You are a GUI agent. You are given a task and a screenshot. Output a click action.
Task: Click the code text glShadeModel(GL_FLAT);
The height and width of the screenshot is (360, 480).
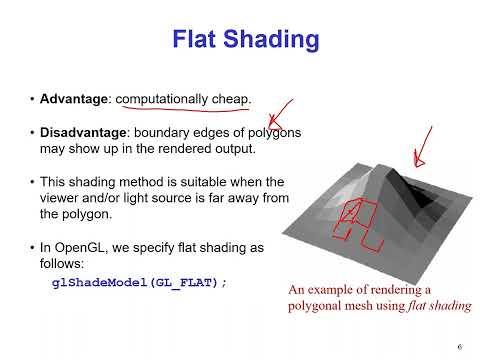140,282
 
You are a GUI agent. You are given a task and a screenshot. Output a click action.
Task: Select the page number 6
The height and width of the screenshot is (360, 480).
457,345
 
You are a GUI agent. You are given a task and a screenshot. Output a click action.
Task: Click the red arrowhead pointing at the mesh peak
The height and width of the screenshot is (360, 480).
418,158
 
